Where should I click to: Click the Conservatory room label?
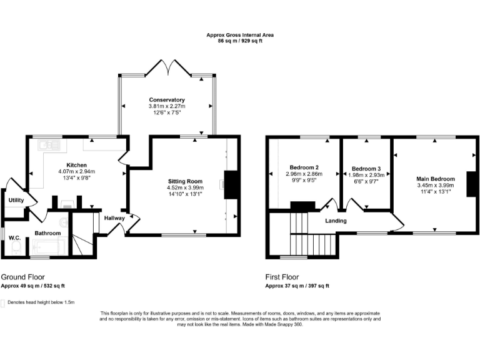tap(167, 100)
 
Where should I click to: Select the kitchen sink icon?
tap(47, 146)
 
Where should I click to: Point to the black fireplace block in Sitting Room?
tap(231, 184)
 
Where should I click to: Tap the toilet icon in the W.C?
tap(16, 247)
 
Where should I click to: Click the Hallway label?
tap(114, 218)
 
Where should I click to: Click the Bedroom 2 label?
tap(304, 167)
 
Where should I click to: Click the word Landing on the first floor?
tap(336, 220)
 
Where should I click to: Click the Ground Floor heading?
tap(22, 277)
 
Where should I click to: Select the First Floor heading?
tap(282, 277)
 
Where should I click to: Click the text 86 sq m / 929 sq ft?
tap(240, 40)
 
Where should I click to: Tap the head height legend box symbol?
tap(3, 302)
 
